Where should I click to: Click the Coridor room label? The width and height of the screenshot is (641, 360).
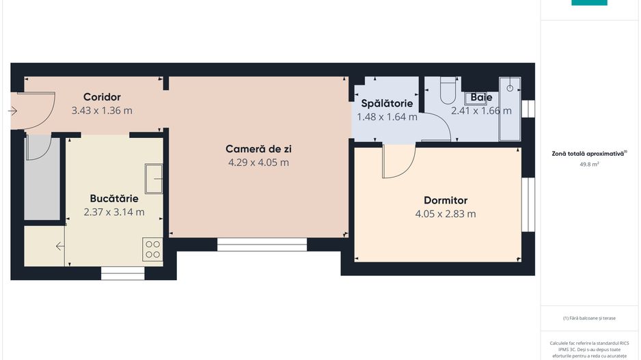coord(102,96)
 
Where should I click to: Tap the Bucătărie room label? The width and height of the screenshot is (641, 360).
coord(114,199)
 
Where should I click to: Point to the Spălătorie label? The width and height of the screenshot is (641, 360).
coord(387,103)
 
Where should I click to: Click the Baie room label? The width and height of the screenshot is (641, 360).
coord(481,98)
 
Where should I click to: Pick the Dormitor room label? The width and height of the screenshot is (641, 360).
coord(446,200)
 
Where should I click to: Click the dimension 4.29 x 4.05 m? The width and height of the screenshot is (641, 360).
coord(258,163)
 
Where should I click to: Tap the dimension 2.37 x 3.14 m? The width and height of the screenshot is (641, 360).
coord(114,212)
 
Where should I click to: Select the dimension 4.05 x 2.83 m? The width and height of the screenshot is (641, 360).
coord(446,214)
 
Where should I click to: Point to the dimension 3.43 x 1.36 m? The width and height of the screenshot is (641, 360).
coord(102,110)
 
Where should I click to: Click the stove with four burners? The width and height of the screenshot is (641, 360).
coord(153,249)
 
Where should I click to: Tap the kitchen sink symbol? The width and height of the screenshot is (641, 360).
coord(154,179)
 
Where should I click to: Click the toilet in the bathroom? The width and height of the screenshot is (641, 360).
coord(448,91)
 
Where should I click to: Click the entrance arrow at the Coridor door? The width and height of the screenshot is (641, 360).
coord(13,110)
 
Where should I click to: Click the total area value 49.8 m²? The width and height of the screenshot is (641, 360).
coord(589,165)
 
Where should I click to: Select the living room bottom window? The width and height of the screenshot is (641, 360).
coord(262,244)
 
